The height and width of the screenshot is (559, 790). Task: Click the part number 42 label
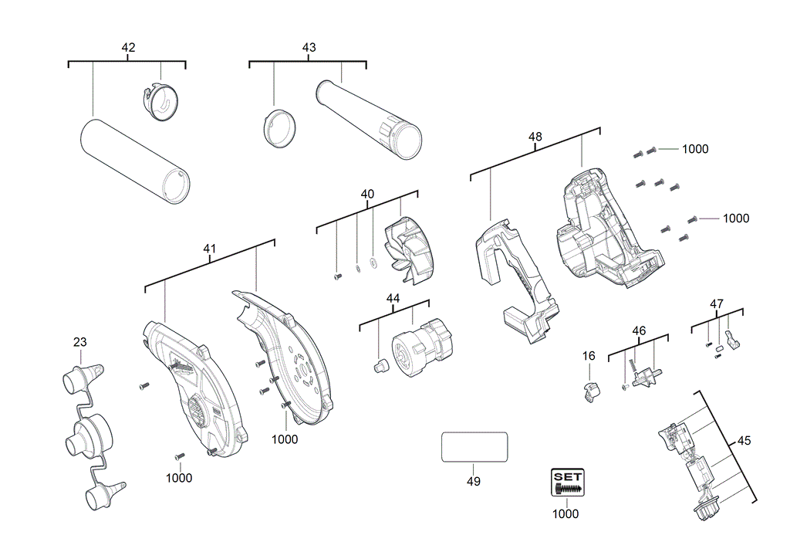tap(128, 48)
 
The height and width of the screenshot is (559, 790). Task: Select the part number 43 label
tap(309, 48)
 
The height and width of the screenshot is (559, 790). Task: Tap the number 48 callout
tap(535, 137)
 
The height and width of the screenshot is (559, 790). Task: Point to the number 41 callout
tap(209, 249)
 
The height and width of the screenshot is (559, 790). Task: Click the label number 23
tap(80, 342)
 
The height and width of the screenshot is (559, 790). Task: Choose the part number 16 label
tap(589, 356)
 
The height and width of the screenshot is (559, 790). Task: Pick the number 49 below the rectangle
tap(474, 481)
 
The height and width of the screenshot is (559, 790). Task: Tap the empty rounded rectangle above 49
tap(474, 447)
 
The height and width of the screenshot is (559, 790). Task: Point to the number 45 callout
tap(744, 441)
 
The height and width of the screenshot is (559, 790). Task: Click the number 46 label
tap(639, 330)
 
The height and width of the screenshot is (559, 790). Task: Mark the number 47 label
tap(717, 303)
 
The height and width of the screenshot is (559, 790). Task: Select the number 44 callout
tap(393, 298)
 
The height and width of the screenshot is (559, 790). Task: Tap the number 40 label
tap(367, 194)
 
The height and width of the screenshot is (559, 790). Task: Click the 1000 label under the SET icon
tap(565, 514)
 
